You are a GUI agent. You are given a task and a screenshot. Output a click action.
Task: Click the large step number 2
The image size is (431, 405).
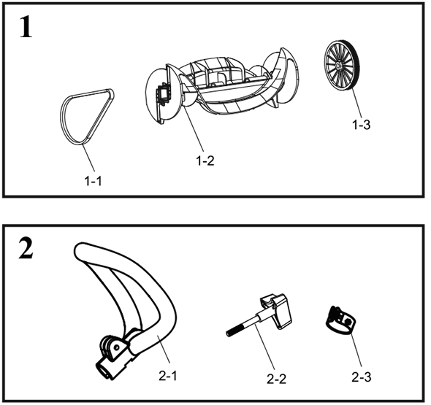(26, 248)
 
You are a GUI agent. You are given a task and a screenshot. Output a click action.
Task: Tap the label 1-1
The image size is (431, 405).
(93, 181)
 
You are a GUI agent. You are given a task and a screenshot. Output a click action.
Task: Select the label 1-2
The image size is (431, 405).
(205, 161)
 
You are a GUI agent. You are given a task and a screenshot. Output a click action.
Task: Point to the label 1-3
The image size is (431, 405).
(362, 125)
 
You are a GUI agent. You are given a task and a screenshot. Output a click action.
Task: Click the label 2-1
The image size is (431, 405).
(168, 376)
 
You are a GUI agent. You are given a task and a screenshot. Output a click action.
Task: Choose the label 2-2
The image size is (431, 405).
(276, 379)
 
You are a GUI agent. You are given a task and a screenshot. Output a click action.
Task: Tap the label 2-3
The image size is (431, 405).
(362, 377)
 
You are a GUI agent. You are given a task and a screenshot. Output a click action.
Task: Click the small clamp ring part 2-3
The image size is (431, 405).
(340, 320)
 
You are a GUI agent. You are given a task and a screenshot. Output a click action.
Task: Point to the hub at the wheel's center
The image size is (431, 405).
(337, 66)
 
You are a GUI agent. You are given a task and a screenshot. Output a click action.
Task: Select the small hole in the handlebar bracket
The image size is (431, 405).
(117, 347)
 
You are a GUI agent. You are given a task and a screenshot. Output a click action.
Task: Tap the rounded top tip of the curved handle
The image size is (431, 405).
(80, 249)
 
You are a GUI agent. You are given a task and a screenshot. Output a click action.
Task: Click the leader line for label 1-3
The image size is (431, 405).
(355, 105)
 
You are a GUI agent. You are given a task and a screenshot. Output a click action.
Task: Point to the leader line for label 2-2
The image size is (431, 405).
(264, 347)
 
